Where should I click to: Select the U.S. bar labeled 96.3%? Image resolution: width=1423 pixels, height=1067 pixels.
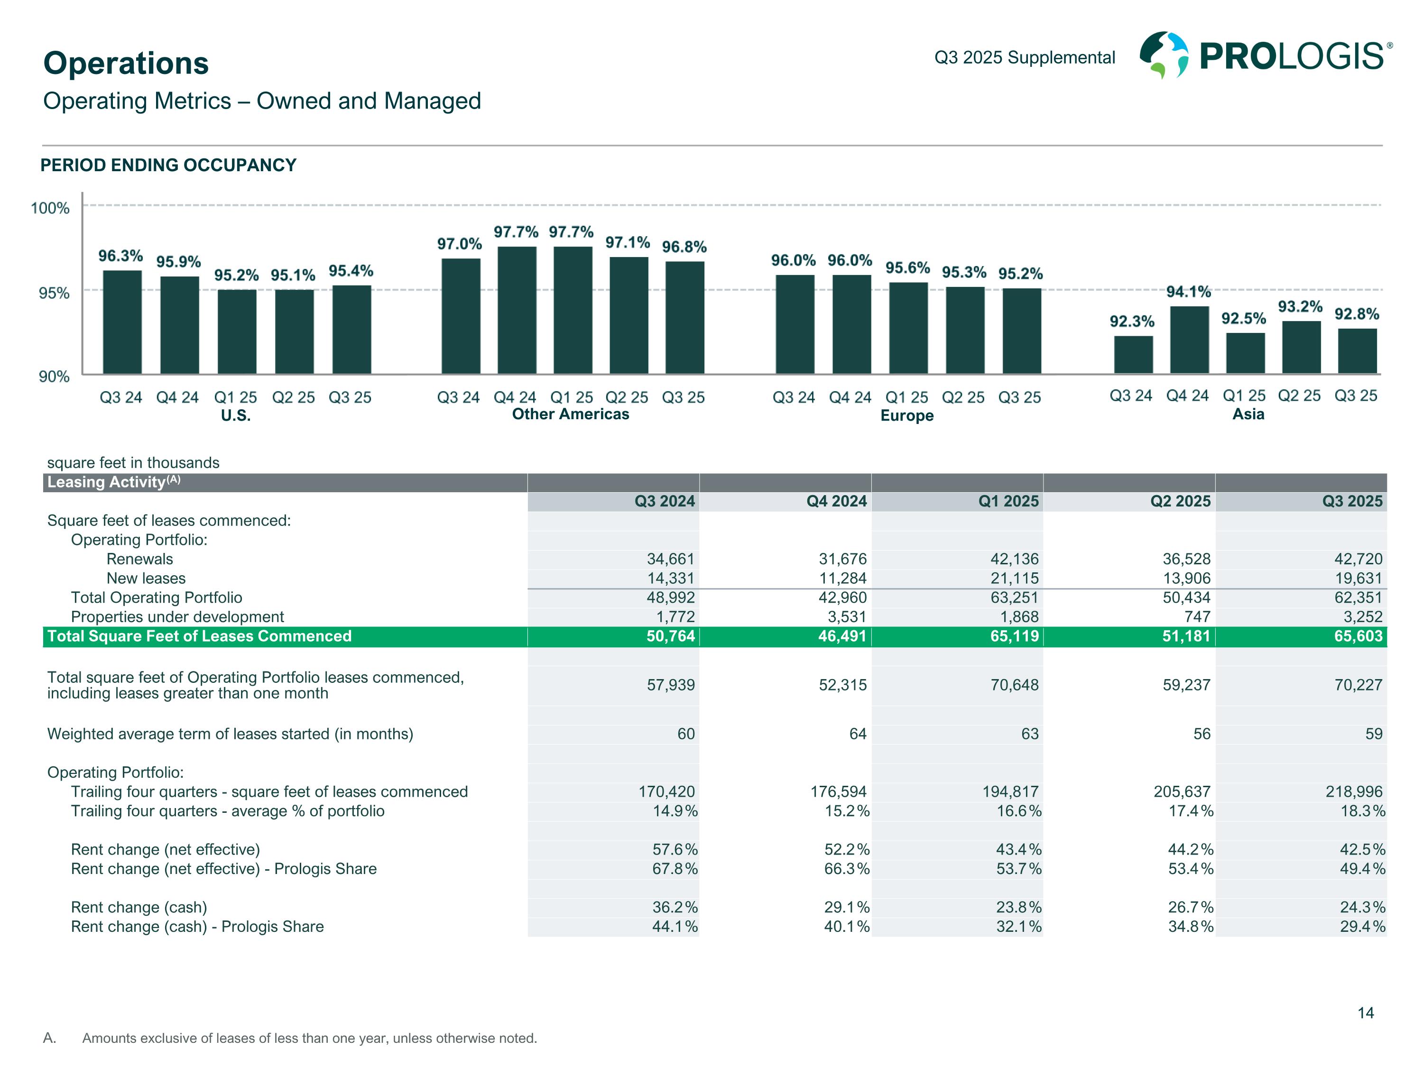[x=122, y=322]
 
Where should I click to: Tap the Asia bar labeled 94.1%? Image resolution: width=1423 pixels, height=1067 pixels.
[x=1189, y=340]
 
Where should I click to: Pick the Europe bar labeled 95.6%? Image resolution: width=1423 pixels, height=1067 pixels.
[x=908, y=328]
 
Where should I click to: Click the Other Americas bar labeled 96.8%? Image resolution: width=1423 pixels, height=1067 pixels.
[x=684, y=317]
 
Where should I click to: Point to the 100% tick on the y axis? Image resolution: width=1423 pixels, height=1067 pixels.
[x=50, y=208]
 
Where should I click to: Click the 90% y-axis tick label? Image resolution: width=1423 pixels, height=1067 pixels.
[x=54, y=376]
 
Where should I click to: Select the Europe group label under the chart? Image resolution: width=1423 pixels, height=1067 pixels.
[x=906, y=415]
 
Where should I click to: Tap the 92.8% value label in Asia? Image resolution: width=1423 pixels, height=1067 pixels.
[x=1356, y=314]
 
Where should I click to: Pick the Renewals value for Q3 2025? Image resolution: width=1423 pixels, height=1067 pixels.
[x=1358, y=559]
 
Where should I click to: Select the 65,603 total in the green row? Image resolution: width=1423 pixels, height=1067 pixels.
[x=1358, y=636]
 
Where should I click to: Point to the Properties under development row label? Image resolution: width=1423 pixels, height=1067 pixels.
[x=177, y=617]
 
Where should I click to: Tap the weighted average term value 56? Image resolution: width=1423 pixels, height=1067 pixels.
[x=1201, y=734]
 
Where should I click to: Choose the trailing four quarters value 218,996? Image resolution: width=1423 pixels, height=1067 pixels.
[x=1354, y=792]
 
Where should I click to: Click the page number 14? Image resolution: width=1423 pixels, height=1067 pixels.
[x=1365, y=1013]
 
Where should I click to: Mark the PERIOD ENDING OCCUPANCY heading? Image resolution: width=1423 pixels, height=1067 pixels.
[x=168, y=166]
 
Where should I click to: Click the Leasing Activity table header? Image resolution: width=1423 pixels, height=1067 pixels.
[x=114, y=482]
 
